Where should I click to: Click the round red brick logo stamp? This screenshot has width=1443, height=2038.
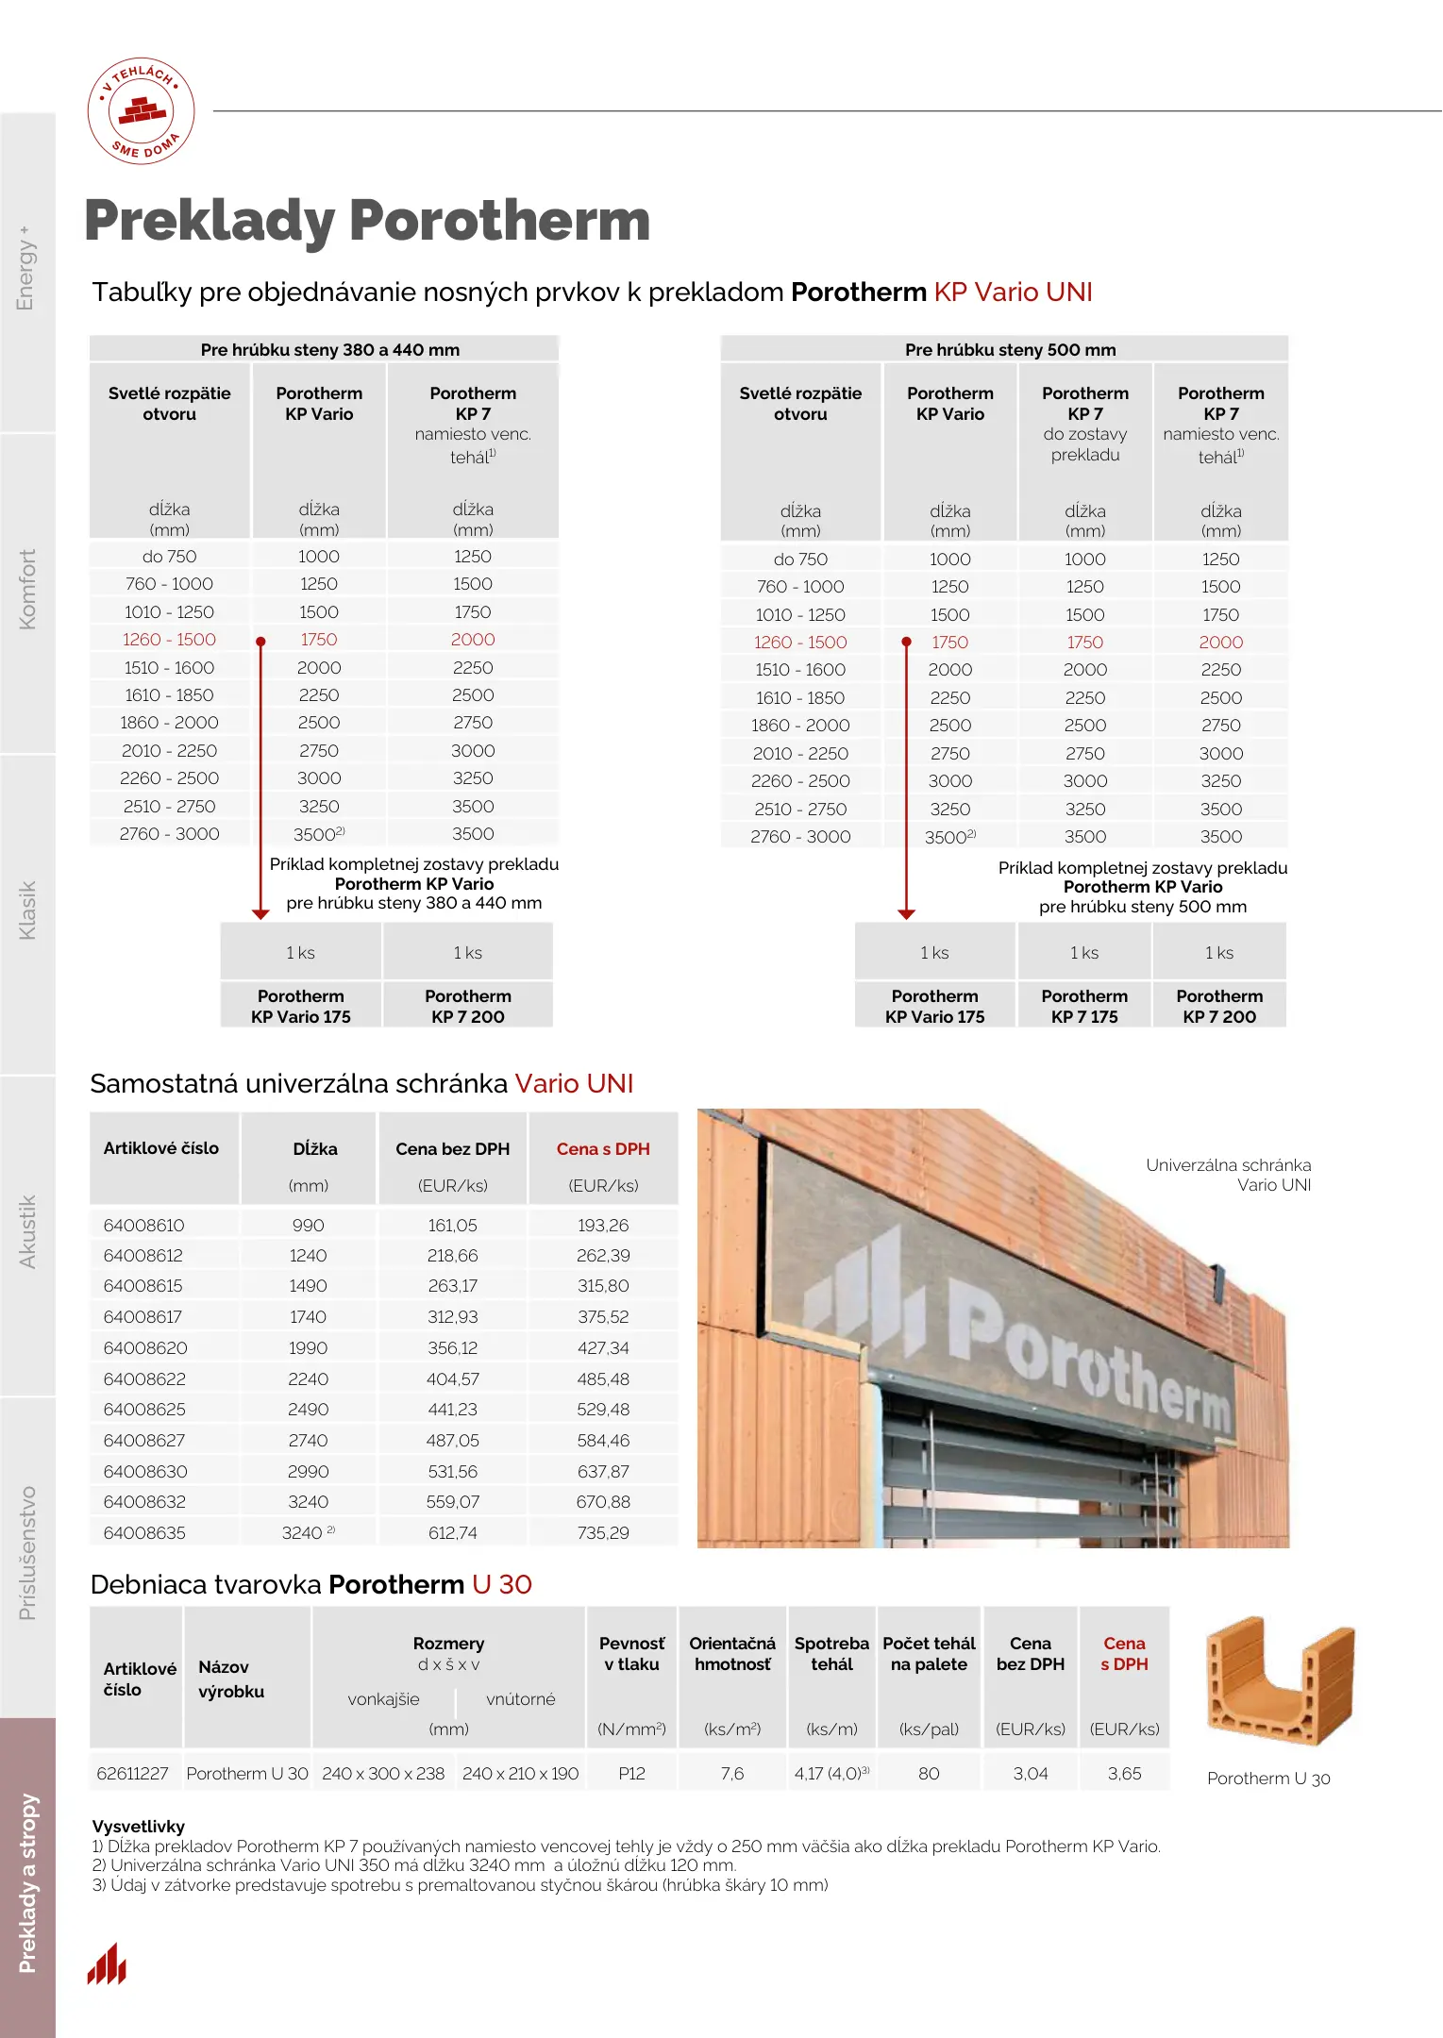(142, 111)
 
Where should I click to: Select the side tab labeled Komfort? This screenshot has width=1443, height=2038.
(27, 590)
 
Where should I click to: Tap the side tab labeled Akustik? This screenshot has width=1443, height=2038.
(27, 1231)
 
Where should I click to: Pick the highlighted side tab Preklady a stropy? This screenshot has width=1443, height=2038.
(27, 1882)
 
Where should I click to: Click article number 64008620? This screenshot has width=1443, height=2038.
(145, 1348)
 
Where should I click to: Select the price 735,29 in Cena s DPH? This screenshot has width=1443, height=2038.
(603, 1533)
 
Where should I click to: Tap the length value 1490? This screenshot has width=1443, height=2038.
(308, 1286)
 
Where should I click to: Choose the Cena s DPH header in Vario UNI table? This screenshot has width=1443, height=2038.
(603, 1149)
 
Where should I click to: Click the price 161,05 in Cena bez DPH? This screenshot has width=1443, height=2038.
(452, 1226)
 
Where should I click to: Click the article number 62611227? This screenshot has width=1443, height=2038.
(132, 1774)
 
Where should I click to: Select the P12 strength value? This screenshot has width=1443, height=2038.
(631, 1774)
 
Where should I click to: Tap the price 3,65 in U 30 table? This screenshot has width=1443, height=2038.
(1124, 1774)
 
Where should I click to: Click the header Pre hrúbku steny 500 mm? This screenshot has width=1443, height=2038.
(1010, 350)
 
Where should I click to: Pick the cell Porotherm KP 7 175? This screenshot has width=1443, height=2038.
(1084, 1006)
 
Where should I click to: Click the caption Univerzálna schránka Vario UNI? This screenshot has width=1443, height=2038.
(1228, 1175)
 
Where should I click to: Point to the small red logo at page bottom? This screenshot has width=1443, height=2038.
(107, 1964)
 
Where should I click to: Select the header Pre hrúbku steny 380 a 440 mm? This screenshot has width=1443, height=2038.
(329, 350)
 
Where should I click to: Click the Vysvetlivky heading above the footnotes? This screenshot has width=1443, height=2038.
(138, 1827)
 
